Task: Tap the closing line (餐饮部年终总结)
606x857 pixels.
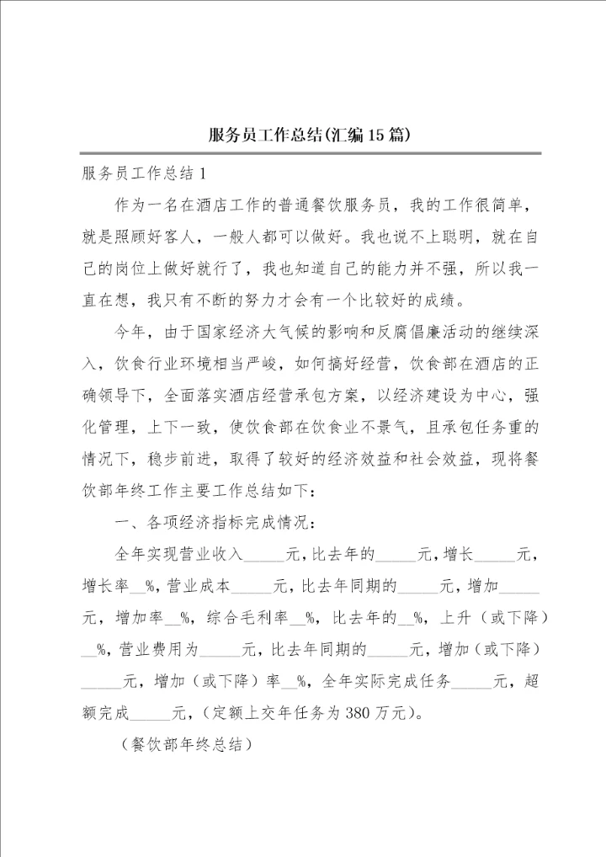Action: point(186,746)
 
